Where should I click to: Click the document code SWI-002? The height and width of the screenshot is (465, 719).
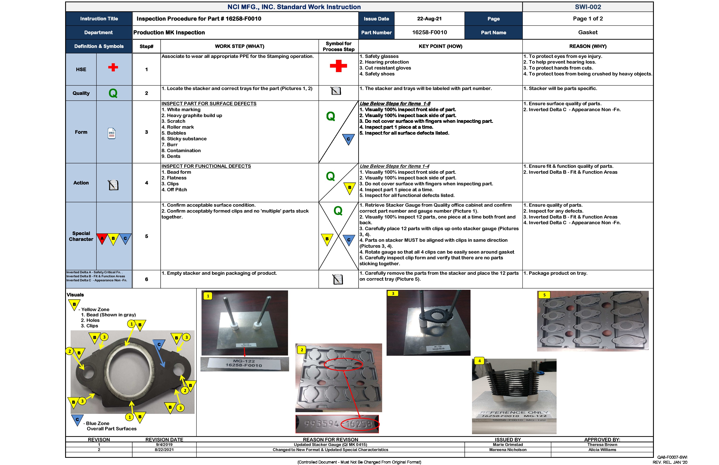pos(588,7)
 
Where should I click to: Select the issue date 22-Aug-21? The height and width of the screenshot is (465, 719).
pos(429,19)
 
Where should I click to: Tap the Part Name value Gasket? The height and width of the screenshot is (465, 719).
pos(588,32)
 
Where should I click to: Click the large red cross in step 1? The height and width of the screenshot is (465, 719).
pos(338,66)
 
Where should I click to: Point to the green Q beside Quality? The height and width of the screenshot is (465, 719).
pos(113,93)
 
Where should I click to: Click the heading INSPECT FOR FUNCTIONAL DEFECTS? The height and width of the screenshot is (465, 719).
pos(206,166)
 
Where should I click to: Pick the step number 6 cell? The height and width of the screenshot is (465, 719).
pos(147,279)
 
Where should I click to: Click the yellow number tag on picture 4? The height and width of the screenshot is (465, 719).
pos(479,361)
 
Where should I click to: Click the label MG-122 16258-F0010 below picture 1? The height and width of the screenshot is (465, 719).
pos(244,363)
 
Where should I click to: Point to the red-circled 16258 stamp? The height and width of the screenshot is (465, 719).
pos(359,424)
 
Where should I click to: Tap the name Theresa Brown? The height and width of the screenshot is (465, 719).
pos(602,444)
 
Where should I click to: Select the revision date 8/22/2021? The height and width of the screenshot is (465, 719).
pos(164,450)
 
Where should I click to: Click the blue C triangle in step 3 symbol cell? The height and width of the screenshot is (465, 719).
pos(348,139)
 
